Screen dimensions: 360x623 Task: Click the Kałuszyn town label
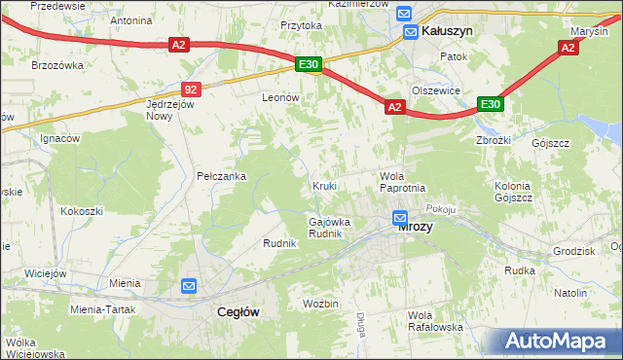click(449, 31)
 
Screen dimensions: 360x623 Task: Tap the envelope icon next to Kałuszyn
click(412, 31)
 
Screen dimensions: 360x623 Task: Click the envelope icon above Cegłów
click(190, 286)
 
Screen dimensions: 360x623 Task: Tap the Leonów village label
click(279, 97)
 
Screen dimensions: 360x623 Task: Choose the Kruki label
click(324, 185)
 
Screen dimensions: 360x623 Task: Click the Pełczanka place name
click(221, 176)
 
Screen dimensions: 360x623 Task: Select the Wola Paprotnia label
click(402, 181)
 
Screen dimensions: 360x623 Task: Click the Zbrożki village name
click(495, 139)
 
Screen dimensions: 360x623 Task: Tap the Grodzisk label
click(572, 250)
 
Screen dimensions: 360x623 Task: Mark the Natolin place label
click(570, 293)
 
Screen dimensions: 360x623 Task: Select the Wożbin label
click(320, 304)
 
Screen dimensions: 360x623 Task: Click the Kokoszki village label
click(82, 210)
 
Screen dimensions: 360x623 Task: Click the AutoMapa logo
click(562, 341)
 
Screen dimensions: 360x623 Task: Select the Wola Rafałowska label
click(435, 321)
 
